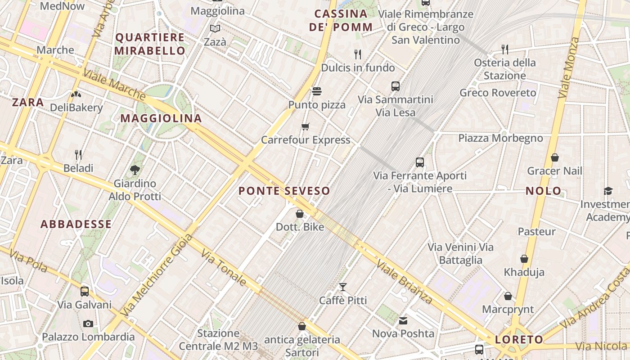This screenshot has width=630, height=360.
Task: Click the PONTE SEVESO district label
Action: (284, 191)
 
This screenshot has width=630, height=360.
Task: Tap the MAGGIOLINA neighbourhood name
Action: (161, 118)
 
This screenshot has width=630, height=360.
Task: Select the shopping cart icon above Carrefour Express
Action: (306, 126)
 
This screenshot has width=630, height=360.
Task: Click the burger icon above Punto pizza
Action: (317, 91)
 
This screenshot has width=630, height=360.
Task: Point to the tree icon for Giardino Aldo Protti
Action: (135, 170)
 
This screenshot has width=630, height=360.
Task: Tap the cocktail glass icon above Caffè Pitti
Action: (343, 287)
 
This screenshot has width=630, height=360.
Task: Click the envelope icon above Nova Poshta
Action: (403, 320)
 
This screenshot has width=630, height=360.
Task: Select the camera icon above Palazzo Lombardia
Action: (88, 324)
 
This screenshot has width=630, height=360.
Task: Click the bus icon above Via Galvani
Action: (85, 291)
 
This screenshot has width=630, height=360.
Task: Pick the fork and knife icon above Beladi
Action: (78, 155)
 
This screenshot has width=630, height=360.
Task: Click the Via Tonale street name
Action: (224, 268)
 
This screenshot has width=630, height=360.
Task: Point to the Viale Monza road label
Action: (569, 67)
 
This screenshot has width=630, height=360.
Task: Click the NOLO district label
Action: (544, 191)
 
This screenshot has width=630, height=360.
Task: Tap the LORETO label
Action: (519, 339)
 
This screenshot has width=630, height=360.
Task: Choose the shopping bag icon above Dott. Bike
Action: (300, 213)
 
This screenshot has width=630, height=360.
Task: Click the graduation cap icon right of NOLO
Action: (608, 191)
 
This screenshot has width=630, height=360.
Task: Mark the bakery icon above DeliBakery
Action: (76, 94)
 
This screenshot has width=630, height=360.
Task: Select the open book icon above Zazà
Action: (216, 29)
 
